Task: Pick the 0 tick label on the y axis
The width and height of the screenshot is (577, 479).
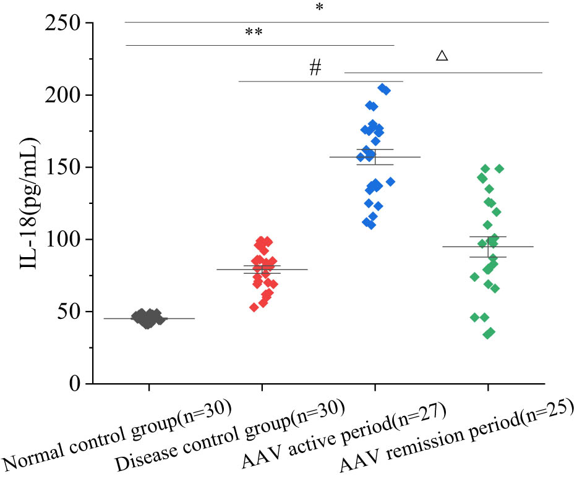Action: pyautogui.click(x=76, y=384)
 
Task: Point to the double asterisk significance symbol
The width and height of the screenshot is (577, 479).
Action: pyautogui.click(x=254, y=32)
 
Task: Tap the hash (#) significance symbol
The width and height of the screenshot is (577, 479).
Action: pyautogui.click(x=315, y=68)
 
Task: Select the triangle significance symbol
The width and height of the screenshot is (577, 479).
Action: pyautogui.click(x=442, y=56)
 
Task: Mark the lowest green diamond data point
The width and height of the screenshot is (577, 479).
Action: pyautogui.click(x=489, y=334)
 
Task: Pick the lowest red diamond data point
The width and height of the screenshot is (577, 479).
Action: pyautogui.click(x=254, y=307)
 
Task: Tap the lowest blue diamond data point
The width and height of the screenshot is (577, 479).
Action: pyautogui.click(x=371, y=225)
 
